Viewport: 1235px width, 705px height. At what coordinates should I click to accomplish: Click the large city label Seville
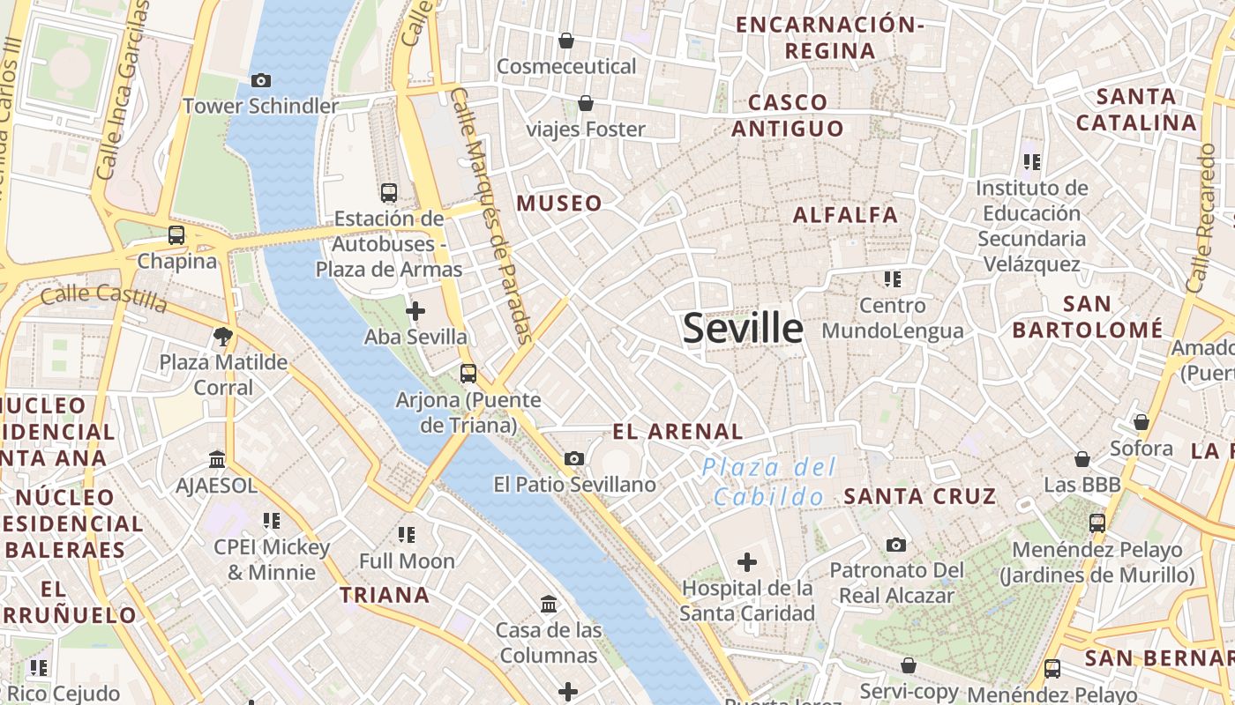[743, 328]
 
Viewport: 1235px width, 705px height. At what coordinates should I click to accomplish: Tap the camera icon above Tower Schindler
[260, 80]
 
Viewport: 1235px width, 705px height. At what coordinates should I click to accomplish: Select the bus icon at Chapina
[176, 235]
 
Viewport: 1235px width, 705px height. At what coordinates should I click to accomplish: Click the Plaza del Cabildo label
[769, 481]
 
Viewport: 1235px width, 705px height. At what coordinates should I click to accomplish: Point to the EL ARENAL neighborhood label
[677, 432]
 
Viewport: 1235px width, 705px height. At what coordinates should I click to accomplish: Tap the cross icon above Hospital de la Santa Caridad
[747, 561]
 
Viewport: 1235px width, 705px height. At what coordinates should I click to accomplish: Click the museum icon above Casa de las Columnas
[549, 605]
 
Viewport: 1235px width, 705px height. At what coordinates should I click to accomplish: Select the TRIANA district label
[385, 595]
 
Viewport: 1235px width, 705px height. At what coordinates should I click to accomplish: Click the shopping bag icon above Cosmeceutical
[566, 41]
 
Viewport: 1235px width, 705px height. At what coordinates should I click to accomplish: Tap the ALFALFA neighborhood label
[845, 214]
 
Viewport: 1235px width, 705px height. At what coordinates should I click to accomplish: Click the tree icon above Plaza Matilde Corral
[222, 336]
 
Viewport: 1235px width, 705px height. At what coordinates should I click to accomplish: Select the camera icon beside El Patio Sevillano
[574, 458]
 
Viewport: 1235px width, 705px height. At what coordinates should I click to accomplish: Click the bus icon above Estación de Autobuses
[389, 192]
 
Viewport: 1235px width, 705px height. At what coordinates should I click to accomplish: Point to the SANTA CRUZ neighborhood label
[920, 495]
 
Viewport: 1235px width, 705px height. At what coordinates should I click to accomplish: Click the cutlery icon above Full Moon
[407, 534]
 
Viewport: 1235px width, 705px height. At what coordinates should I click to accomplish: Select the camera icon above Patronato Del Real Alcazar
[896, 545]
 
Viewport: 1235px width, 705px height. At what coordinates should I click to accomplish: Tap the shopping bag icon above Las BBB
[1082, 459]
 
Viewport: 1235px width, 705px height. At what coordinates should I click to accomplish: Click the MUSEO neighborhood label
[559, 204]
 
